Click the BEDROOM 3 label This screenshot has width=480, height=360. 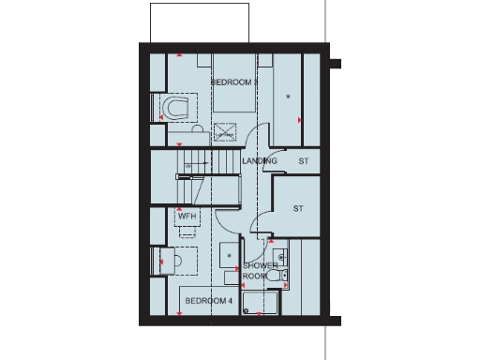tap(233, 82)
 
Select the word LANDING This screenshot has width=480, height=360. tap(259, 161)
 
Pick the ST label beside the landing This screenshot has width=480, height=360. tap(303, 161)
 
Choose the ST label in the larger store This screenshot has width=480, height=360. tap(297, 207)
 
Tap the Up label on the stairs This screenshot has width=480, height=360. tap(188, 167)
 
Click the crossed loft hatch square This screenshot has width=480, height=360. tap(223, 133)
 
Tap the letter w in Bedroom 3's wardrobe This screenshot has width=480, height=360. tap(288, 97)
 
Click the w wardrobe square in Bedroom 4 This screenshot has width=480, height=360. tap(229, 253)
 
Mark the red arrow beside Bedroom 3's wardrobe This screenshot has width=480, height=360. tap(299, 120)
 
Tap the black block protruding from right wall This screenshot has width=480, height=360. tap(335, 66)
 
